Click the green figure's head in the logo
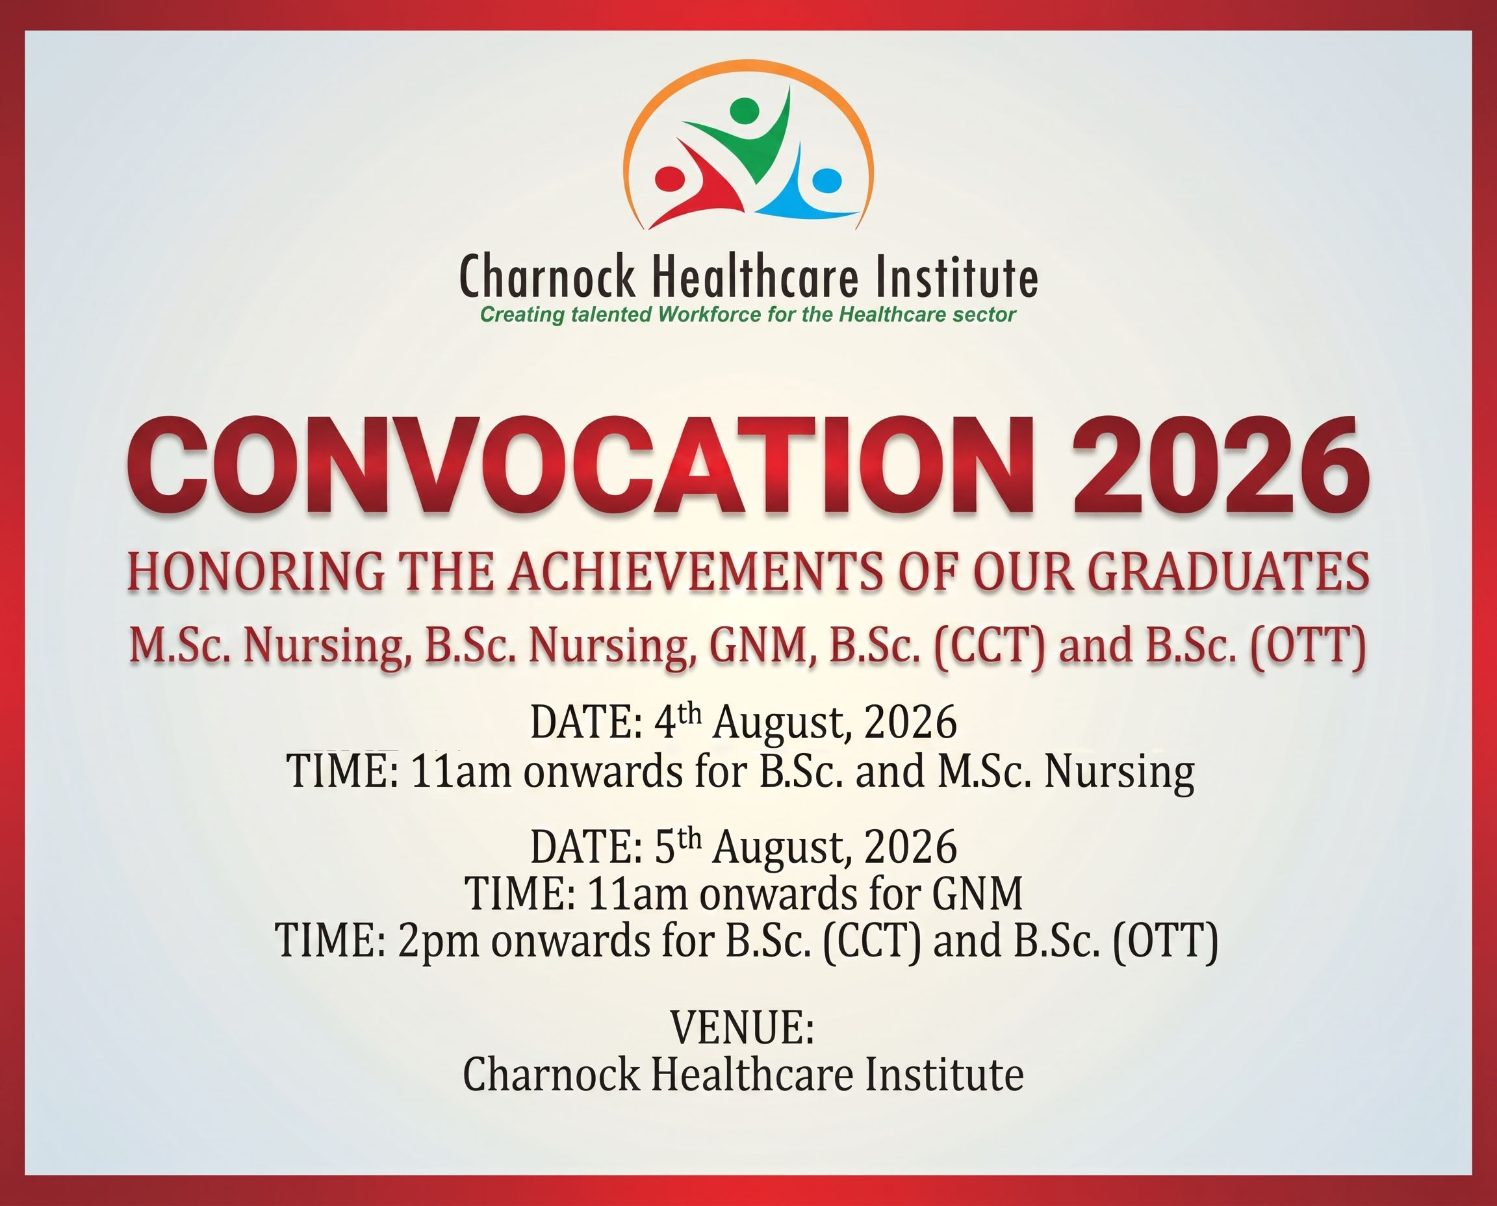[745, 110]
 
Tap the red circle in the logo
[670, 179]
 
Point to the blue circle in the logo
[826, 181]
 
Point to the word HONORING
[255, 571]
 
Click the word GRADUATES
[1228, 571]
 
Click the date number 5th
[678, 845]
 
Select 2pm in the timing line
[439, 942]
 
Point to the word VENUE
[742, 1027]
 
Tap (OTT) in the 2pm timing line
[1166, 941]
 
